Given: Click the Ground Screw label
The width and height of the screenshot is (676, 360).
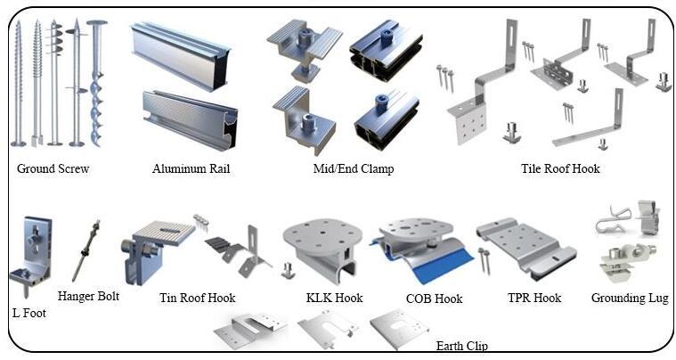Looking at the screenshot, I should click(x=53, y=168).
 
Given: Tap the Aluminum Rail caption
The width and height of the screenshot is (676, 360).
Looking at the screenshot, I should click(x=191, y=168).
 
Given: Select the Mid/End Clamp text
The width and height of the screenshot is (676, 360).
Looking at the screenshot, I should click(x=353, y=168).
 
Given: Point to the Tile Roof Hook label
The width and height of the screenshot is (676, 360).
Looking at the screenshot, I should click(x=561, y=168).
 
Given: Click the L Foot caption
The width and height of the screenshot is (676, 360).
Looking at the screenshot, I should click(x=29, y=313).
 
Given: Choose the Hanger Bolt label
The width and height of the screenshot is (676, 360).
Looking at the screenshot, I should click(x=88, y=296).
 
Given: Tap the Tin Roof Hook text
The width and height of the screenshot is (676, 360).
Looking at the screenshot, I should click(x=198, y=298).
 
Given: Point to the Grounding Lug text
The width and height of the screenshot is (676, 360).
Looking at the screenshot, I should click(x=630, y=298).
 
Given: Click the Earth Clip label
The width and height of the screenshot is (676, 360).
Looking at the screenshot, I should click(x=462, y=346).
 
